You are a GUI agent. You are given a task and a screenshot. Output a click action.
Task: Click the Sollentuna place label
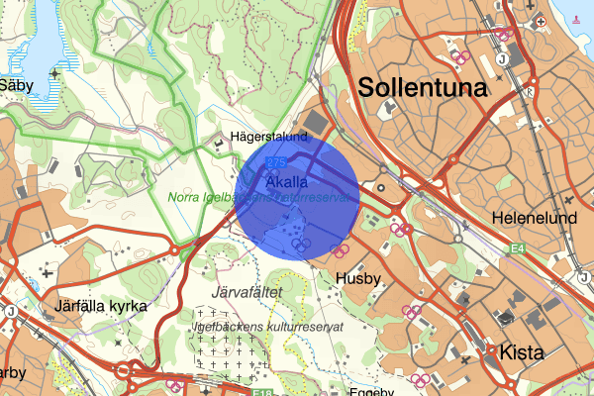point(424,87)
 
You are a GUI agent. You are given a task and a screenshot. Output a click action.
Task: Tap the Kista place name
point(523,351)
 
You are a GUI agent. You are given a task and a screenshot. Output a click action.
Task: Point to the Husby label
point(357,279)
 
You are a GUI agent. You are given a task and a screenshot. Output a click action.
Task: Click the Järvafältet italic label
point(247,293)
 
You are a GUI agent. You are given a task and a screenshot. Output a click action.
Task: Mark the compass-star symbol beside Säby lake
point(53,74)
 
